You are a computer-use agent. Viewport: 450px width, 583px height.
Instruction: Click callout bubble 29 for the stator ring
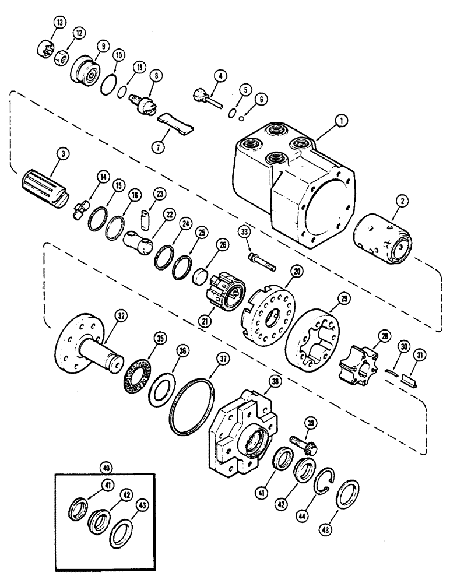[x=345, y=298]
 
